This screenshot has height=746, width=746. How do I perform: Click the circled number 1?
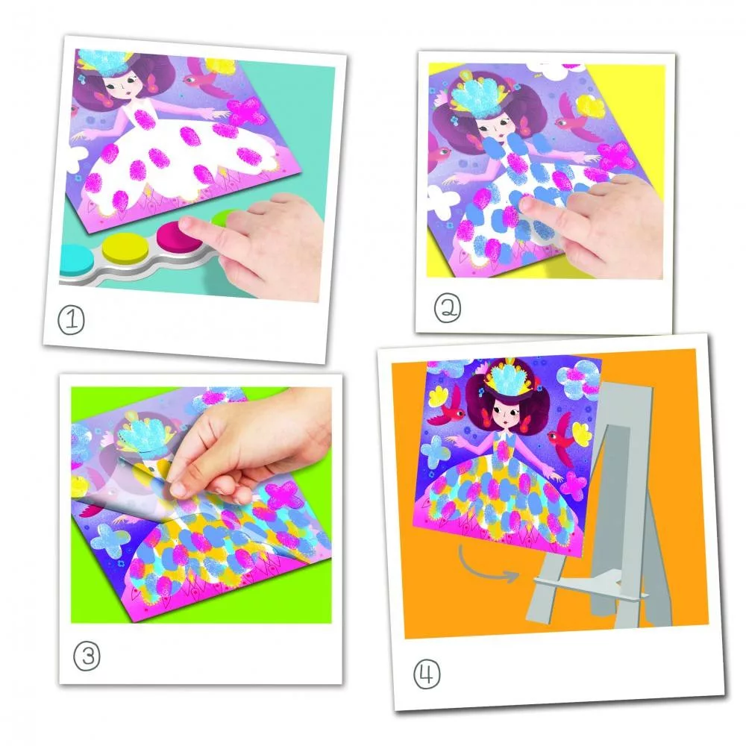72,320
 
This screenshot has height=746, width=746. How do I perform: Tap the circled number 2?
447,309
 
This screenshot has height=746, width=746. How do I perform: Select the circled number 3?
87,656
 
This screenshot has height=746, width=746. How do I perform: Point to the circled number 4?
427,674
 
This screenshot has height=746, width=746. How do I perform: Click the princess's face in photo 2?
492,128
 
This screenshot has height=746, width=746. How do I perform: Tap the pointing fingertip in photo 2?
527,205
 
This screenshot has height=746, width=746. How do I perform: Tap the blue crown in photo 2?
474,96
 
